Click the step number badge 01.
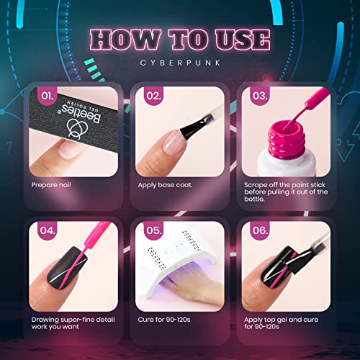(48, 96)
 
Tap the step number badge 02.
(153, 96)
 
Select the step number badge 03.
(260, 96)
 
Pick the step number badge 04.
(48, 230)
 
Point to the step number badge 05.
(153, 230)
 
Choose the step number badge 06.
(260, 230)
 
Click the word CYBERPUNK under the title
(180, 63)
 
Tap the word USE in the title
(243, 40)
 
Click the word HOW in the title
(125, 40)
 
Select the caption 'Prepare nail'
(51, 185)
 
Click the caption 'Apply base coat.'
(165, 185)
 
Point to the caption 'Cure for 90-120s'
(164, 320)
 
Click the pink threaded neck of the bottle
(287, 139)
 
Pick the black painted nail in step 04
(67, 268)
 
